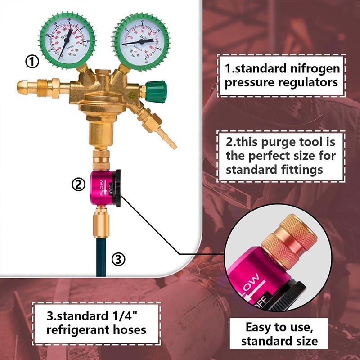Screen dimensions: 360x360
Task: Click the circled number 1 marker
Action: point(32,61)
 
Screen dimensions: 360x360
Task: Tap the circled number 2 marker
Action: point(79,184)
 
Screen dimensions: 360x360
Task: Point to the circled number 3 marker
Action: point(118,259)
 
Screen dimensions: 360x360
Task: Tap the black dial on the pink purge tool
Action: point(117,188)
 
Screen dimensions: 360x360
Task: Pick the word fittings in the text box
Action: point(301,170)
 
